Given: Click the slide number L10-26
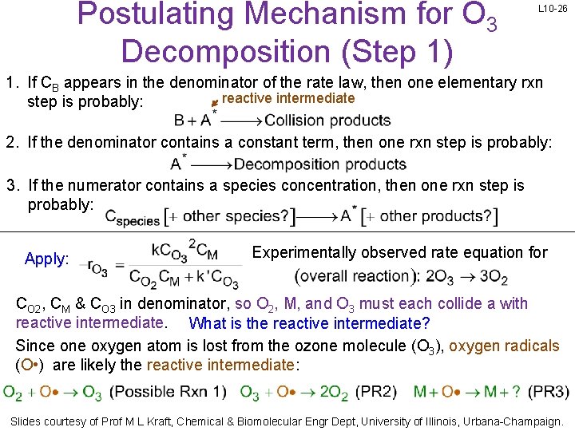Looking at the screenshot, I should click(552, 9).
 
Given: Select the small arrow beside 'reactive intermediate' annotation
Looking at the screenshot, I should click(214, 101).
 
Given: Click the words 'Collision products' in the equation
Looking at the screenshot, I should click(327, 121).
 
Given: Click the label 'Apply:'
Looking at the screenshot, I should click(47, 259).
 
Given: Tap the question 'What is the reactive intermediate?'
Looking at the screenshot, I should click(309, 323).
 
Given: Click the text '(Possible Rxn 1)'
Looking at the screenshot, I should click(168, 392).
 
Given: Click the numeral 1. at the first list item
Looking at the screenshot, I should click(12, 82).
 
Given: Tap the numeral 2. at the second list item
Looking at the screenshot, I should click(12, 143).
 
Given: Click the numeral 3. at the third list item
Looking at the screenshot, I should click(12, 186).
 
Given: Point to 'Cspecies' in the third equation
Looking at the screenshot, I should click(133, 217).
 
